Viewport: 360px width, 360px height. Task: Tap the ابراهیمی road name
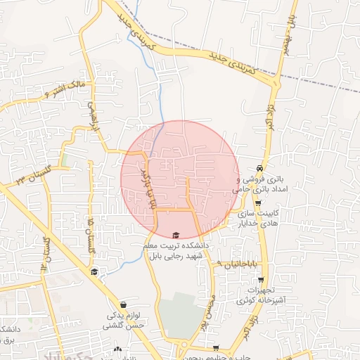coord(91,115)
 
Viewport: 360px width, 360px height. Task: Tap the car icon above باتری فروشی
coord(260,169)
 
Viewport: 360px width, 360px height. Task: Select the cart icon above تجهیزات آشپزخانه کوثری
coord(259,279)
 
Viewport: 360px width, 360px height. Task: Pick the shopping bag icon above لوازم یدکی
coord(124,305)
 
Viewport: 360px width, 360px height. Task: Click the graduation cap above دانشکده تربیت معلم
coord(175,236)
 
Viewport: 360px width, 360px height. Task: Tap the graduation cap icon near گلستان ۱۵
coord(94,272)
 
